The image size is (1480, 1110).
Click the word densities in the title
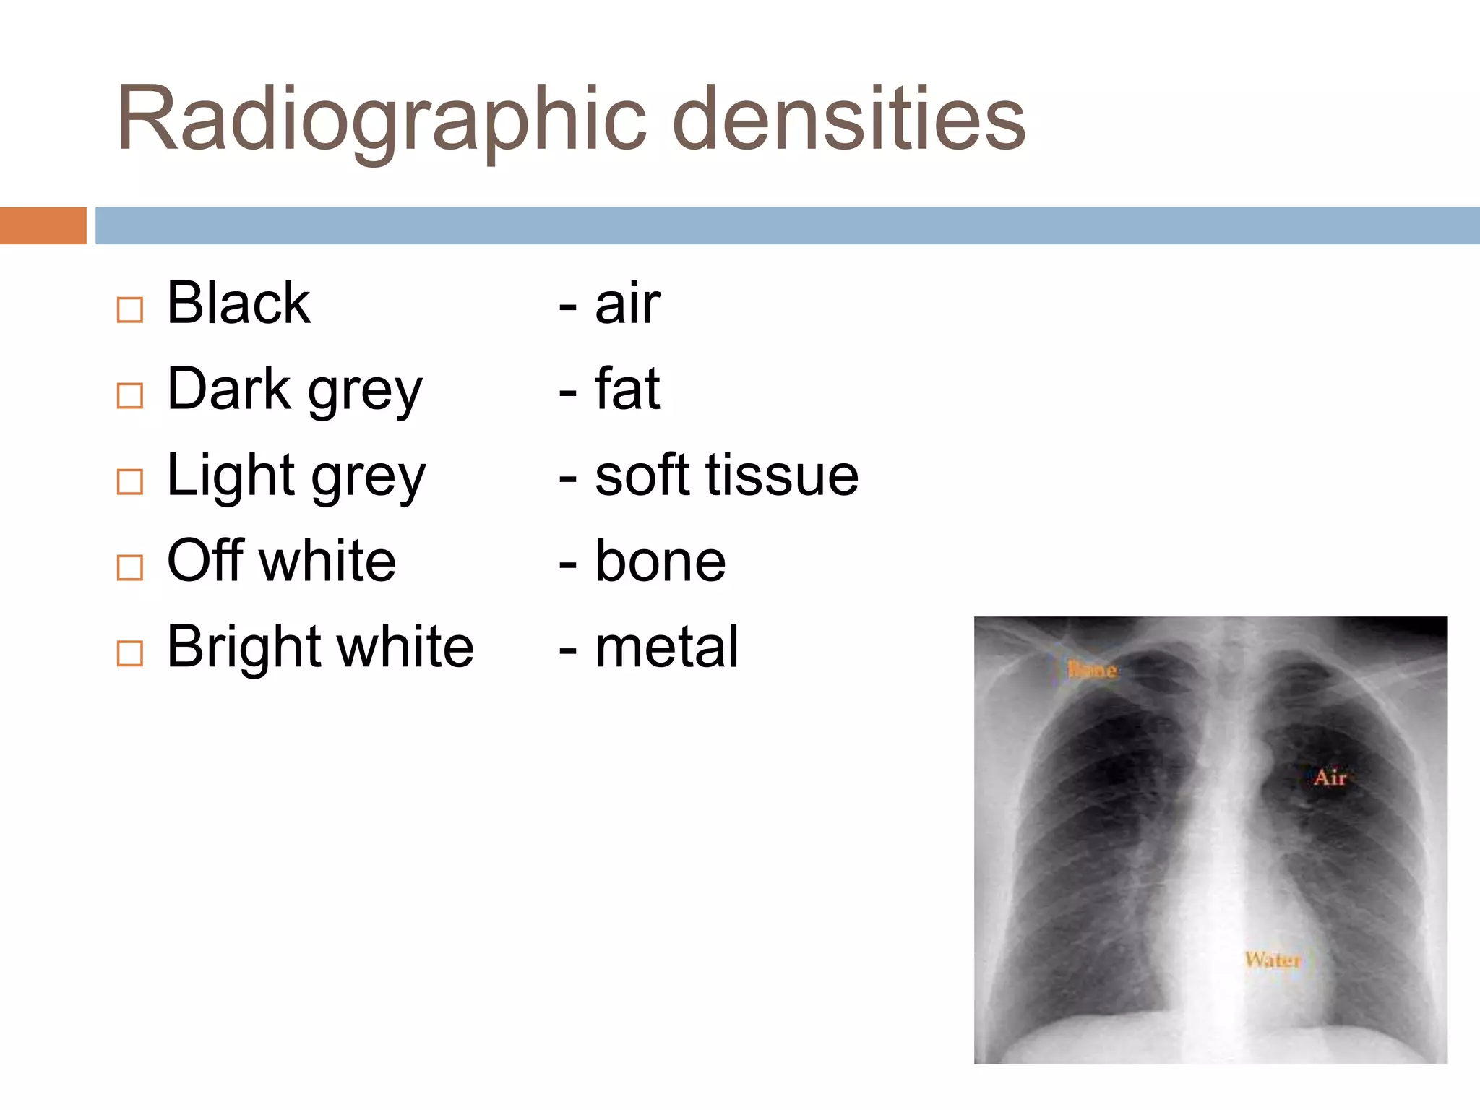pos(849,119)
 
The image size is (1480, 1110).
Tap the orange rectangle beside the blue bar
pos(43,225)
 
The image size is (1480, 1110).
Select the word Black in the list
pos(238,304)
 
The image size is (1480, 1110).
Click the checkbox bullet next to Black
pos(130,310)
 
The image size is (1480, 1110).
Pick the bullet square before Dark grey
pos(130,395)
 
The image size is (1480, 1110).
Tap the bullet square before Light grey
pos(130,481)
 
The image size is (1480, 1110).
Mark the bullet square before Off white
pos(130,567)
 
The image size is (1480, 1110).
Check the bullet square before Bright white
pos(130,653)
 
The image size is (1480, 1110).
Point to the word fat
pos(627,390)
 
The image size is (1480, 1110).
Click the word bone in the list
pos(660,562)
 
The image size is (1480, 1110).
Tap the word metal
pos(666,647)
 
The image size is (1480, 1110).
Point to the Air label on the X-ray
pos(1330,778)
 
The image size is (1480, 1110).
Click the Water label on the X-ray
pos(1273,960)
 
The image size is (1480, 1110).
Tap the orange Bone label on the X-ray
pos(1092,670)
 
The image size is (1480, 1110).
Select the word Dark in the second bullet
pos(229,390)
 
